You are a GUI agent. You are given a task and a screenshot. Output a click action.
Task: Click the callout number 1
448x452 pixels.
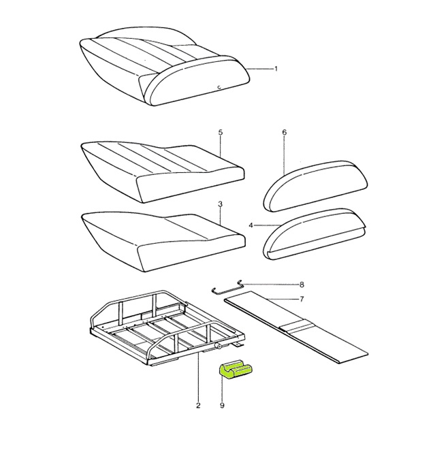coord(276,69)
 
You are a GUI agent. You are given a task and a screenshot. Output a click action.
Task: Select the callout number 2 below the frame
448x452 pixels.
coord(198,406)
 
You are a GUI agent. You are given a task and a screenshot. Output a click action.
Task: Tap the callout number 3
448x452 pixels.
coord(220,204)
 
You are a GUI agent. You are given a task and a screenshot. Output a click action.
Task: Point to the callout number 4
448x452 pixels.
coord(251,225)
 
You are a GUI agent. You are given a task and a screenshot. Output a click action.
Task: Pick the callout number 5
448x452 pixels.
coord(220,132)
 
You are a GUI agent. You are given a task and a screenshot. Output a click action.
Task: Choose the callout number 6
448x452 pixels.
coord(285,132)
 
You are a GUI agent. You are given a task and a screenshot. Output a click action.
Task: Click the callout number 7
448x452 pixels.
coord(302,300)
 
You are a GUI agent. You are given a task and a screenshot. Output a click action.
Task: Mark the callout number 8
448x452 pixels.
coord(302,285)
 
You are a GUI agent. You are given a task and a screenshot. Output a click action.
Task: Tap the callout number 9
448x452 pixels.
coord(222,406)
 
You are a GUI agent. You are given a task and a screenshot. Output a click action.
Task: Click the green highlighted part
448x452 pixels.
coord(236,370)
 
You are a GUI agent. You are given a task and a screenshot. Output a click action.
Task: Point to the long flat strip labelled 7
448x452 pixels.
coord(296,327)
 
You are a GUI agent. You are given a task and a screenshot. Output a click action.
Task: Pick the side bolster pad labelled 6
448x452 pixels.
coord(316,186)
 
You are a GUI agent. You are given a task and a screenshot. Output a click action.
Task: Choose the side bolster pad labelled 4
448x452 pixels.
coord(315,235)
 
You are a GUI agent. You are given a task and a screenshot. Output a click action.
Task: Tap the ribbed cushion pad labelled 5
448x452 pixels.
coord(163,172)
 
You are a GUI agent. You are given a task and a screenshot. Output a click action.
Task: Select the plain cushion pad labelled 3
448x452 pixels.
coord(163,242)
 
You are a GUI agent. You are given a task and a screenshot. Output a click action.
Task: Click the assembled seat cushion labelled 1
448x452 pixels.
coord(164,68)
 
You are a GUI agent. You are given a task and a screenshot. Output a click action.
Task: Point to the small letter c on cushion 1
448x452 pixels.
coord(219,86)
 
